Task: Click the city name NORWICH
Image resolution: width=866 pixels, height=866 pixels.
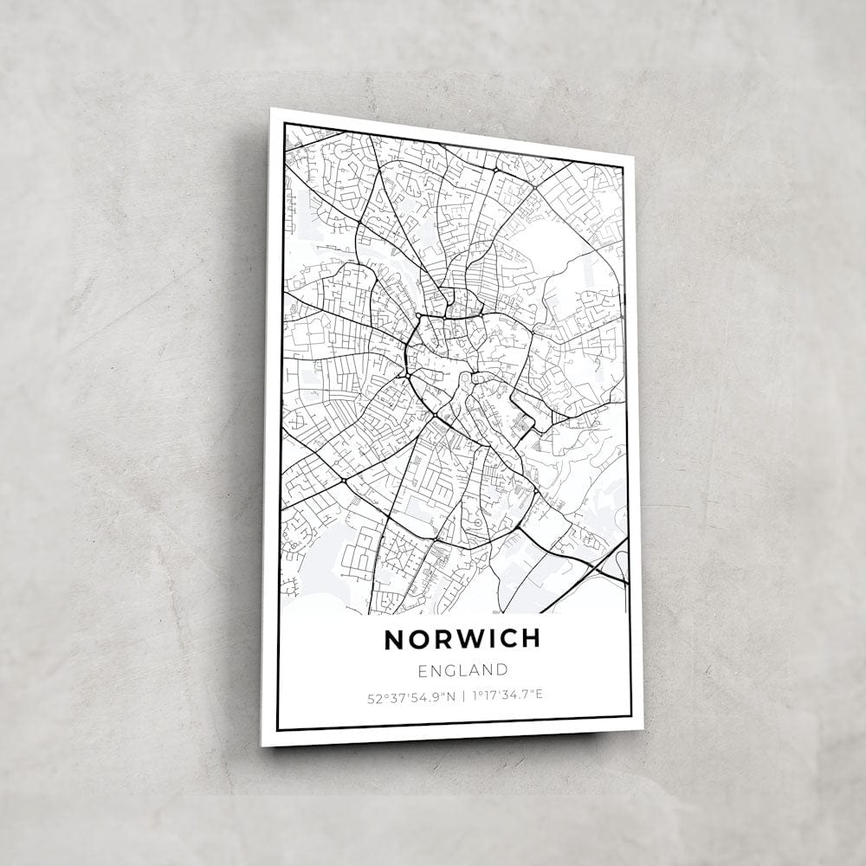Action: click(462, 639)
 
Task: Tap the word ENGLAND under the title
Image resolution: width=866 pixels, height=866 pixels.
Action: click(462, 669)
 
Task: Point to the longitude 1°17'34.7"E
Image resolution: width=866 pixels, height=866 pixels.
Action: click(507, 695)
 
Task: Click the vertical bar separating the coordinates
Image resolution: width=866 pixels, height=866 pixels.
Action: click(463, 695)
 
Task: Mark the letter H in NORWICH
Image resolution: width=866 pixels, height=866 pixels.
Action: click(530, 639)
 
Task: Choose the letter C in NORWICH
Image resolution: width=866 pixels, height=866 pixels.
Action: click(506, 639)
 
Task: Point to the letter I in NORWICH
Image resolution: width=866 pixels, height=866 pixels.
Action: click(488, 639)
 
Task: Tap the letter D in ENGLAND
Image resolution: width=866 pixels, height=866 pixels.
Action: click(501, 669)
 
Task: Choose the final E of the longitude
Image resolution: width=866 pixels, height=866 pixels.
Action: click(539, 695)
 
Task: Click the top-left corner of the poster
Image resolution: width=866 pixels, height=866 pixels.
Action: click(272, 109)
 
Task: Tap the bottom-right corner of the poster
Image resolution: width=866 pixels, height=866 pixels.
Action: click(643, 729)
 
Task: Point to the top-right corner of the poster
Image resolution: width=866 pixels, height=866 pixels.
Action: click(634, 157)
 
